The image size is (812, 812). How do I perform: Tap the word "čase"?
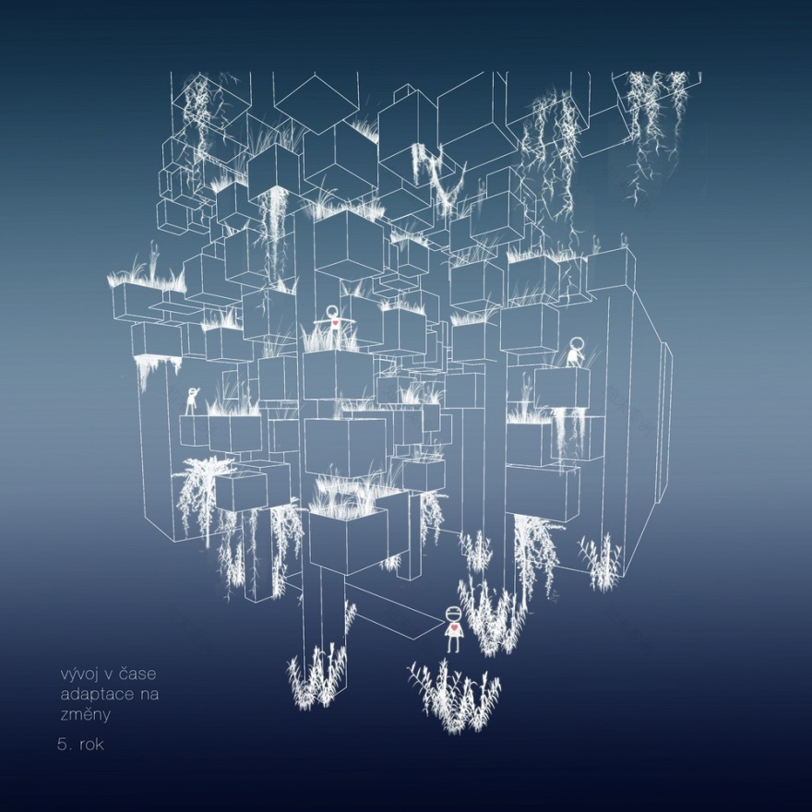137,674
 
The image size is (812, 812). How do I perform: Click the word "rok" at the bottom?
91,744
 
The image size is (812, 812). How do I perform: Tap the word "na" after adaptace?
149,695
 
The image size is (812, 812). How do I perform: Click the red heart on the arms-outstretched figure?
335,323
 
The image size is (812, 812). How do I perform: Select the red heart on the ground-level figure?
453,628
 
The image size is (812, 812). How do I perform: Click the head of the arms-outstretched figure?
332,311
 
